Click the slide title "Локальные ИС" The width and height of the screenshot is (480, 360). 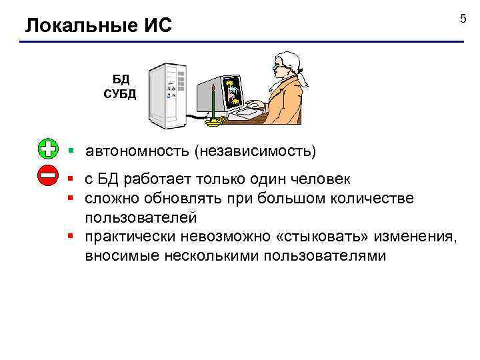[x=99, y=26]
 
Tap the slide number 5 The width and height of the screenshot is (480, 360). [x=463, y=18]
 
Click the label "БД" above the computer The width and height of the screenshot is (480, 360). [x=121, y=79]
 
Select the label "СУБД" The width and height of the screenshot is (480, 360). [x=120, y=93]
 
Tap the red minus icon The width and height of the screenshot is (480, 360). [x=49, y=177]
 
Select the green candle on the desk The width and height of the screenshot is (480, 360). [x=213, y=103]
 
